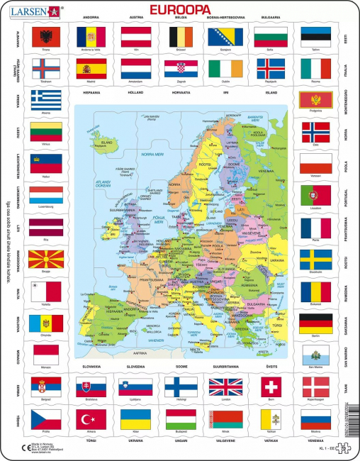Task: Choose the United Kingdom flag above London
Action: pos(225,386)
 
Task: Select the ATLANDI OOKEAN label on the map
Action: pos(107,185)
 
